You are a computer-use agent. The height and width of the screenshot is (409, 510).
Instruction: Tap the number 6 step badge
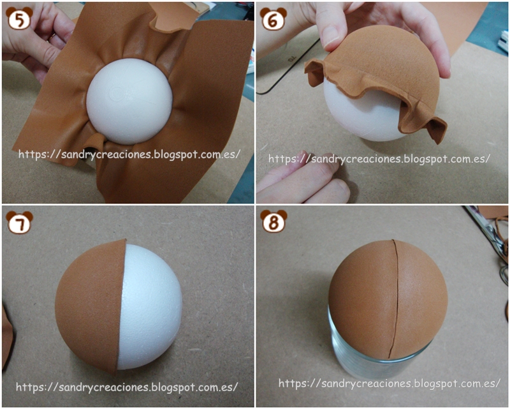click(273, 19)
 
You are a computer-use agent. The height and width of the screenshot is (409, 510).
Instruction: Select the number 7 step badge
click(20, 223)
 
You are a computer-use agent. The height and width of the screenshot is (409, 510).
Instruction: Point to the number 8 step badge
click(274, 221)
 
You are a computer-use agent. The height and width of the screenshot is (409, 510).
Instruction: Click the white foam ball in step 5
click(129, 101)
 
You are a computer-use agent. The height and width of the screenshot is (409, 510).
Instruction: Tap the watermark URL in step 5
click(129, 154)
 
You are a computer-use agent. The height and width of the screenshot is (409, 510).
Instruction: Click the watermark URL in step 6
click(379, 159)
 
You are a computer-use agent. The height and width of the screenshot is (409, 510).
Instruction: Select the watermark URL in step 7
click(127, 387)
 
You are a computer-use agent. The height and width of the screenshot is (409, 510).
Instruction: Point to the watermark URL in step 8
click(390, 383)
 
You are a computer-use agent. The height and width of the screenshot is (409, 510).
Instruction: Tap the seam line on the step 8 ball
click(395, 299)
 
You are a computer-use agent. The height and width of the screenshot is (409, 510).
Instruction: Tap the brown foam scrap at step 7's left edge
click(7, 339)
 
